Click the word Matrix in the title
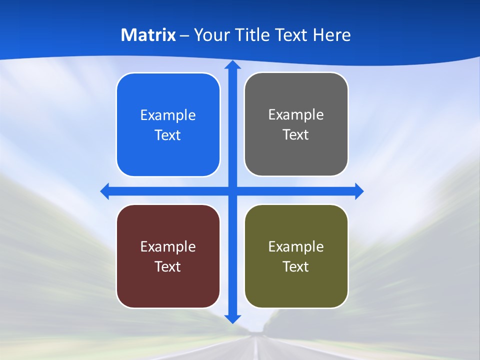coord(148,35)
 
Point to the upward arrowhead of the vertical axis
coord(232,65)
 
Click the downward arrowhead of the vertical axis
coord(232,318)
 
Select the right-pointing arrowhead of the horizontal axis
coord(359,191)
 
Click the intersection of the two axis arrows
coord(232,191)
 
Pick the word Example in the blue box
coord(168,115)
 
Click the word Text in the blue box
coord(168,135)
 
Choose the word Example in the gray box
coord(296,115)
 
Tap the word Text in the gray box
coord(296,135)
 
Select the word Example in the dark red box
coord(168,246)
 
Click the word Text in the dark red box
coord(168,266)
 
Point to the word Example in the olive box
coord(296,246)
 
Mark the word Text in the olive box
coord(296,266)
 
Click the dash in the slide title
coord(184,35)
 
